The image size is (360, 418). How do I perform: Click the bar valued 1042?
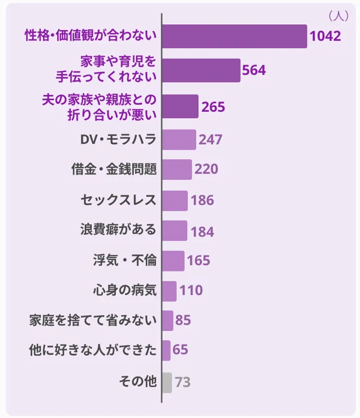pos(234,37)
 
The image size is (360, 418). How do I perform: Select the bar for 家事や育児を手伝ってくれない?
pos(201,70)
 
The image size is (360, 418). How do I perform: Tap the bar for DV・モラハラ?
pos(179,140)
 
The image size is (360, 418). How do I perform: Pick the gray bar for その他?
pos(167,382)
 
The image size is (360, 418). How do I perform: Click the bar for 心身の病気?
pos(169,291)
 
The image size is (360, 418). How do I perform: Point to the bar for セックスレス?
pos(175,201)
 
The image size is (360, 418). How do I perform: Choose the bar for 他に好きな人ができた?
pos(166,350)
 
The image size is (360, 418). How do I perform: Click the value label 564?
pos(254,71)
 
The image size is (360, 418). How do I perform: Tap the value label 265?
pos(213,107)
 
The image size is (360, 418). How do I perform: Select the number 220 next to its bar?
pos(206,170)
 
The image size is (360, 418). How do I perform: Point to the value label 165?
pos(198,261)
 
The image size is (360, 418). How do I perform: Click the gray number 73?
pos(183,383)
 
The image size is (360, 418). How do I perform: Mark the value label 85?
pos(184,321)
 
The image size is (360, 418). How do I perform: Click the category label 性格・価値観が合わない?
pos(91,36)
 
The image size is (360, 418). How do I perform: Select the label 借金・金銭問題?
pos(114,170)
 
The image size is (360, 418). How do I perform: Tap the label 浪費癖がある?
pos(118,230)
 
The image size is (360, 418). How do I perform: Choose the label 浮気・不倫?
pos(125,261)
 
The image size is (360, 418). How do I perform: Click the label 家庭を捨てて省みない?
pos(93,321)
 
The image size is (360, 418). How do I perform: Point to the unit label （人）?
pos(338,16)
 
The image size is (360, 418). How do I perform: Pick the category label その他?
pos(138,382)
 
